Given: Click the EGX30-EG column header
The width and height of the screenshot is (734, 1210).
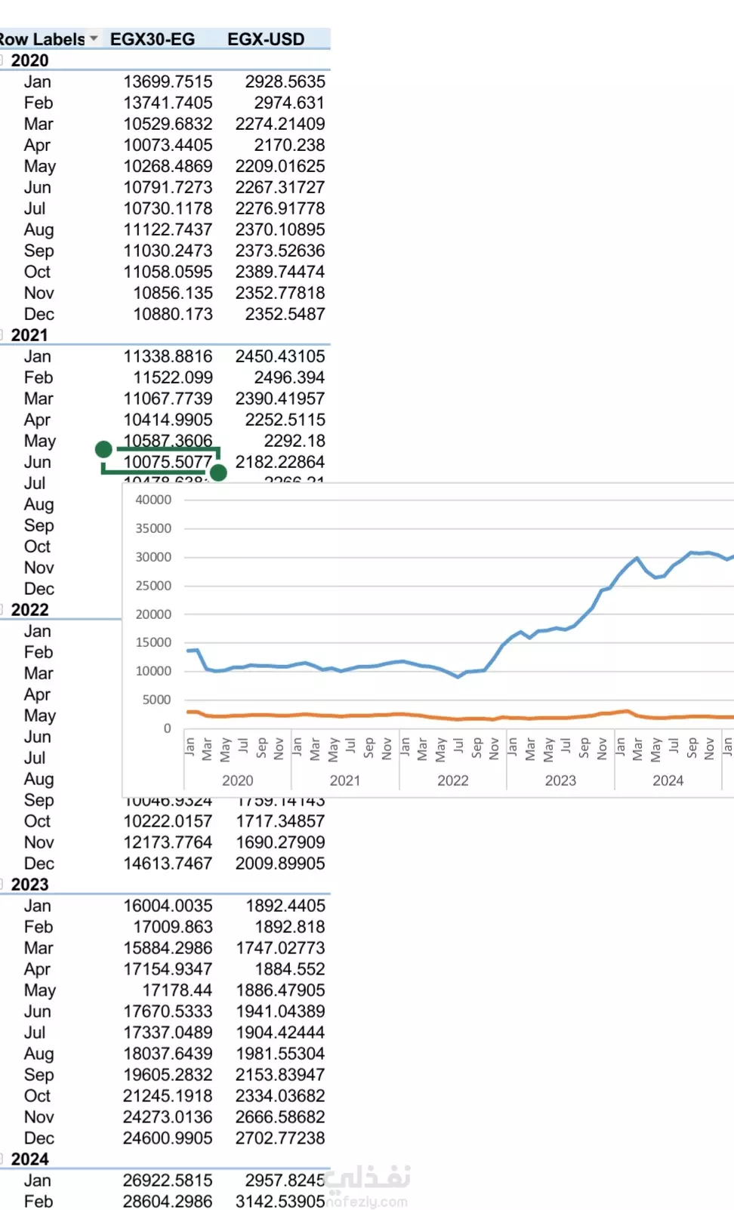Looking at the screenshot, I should click(x=153, y=39).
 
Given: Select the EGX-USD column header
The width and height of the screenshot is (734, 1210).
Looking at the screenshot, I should click(x=266, y=39).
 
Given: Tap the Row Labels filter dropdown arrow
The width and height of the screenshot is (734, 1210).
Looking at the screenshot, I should click(x=94, y=38).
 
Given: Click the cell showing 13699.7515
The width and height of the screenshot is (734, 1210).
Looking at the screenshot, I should click(x=168, y=82).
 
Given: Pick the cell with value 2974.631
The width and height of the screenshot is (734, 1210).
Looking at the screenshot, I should click(x=289, y=103).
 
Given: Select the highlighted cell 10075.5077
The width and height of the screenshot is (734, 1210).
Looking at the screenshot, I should click(x=168, y=462).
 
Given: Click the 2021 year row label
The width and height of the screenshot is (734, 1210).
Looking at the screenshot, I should click(x=29, y=335).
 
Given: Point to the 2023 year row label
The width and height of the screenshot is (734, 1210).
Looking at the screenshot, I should click(x=29, y=885).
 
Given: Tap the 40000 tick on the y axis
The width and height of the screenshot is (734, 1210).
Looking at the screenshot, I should click(x=153, y=500).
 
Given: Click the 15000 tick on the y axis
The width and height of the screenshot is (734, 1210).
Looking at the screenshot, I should click(x=153, y=642).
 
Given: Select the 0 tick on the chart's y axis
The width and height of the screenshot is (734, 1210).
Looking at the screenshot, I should click(x=167, y=728).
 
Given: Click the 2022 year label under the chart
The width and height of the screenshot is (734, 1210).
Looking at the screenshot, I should click(x=453, y=780).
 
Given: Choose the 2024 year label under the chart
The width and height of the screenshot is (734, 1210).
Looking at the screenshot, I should click(x=668, y=780).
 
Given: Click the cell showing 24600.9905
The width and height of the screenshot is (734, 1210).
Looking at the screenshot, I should click(x=168, y=1138).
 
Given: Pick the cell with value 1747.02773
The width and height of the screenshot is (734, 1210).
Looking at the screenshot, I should click(x=280, y=948).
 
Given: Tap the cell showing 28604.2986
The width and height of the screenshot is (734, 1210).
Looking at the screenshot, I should click(x=168, y=1202).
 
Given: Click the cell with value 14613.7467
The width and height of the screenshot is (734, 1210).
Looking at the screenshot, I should click(x=168, y=864).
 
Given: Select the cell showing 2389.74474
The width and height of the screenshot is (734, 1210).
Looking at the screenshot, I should click(x=280, y=272).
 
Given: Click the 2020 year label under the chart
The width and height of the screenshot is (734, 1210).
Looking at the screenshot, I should click(x=238, y=780).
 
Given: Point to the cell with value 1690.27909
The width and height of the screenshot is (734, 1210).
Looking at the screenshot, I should click(x=280, y=842).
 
